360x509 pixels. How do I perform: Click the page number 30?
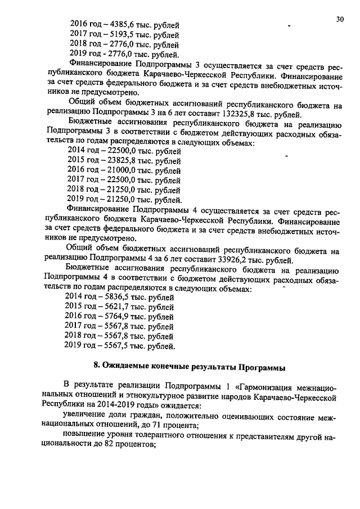coord(340,19)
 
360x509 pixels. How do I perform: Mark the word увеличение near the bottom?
coord(85,416)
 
